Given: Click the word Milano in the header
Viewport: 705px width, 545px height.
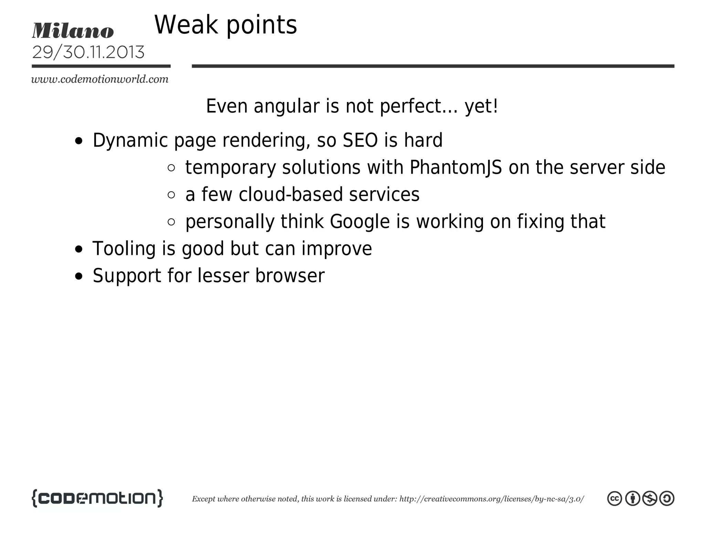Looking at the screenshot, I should pos(73,31).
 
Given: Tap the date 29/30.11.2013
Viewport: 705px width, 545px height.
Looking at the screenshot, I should pos(88,52).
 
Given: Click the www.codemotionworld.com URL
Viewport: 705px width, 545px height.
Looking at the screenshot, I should pos(100,79).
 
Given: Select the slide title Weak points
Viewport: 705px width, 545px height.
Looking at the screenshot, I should pos(225,25).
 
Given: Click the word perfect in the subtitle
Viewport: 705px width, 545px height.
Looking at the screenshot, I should pos(419,106).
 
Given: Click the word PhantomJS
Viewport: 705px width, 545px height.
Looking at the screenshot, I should pos(456,167).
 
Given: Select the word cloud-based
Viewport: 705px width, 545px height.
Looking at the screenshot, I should pos(291,194).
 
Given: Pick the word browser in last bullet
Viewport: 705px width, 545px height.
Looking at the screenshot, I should pos(290,276).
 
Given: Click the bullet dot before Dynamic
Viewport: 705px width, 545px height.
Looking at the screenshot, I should pos(79,141).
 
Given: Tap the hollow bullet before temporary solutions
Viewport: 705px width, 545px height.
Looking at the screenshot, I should pos(171,168).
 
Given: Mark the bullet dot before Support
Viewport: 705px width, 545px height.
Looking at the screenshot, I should pos(79,276).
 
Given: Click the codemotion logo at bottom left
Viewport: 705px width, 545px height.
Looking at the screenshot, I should pos(97,498).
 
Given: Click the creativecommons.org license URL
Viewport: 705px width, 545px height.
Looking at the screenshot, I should pos(491,499).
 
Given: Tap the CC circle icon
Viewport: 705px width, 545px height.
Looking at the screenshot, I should pos(614,498).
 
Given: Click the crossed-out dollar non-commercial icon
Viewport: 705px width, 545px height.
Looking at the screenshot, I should pos(650,498).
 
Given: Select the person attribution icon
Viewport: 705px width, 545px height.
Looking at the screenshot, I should pos(632,498).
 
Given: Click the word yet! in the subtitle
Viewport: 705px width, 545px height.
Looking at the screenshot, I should pos(481,106).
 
